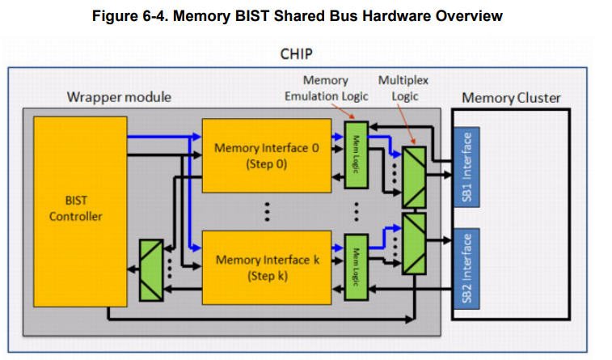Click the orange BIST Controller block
click(x=80, y=210)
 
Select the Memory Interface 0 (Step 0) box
click(x=266, y=155)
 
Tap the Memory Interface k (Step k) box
click(x=266, y=267)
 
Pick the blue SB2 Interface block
click(x=468, y=267)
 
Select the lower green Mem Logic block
click(x=356, y=267)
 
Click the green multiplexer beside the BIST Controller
click(x=150, y=269)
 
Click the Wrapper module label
click(x=118, y=98)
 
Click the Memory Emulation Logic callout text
click(x=326, y=89)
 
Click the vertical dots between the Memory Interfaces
click(x=266, y=211)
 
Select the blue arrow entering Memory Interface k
click(x=195, y=247)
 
